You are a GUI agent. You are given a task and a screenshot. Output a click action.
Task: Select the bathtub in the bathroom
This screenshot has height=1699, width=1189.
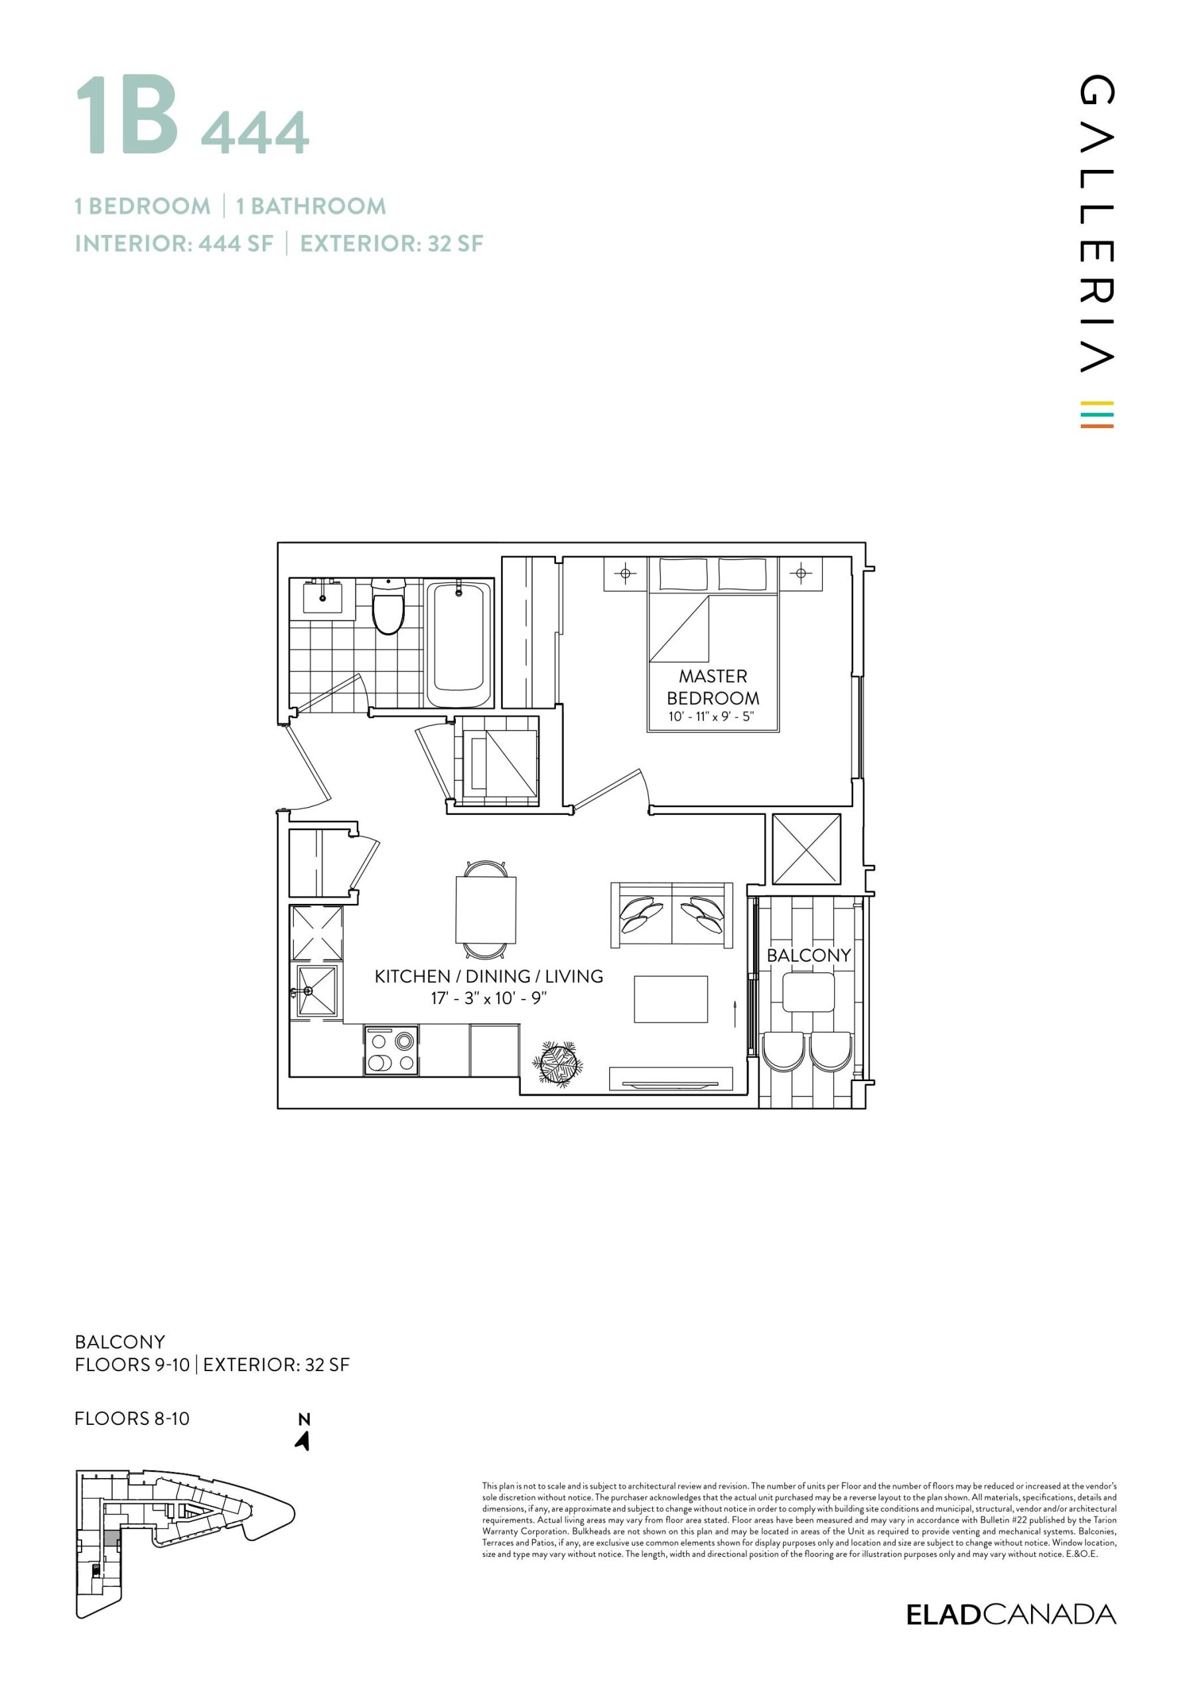[x=458, y=643]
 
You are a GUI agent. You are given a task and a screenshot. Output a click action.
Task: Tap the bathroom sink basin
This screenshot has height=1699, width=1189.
[x=322, y=597]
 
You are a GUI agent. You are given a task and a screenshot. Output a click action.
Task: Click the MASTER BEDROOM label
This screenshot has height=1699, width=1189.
[x=713, y=687]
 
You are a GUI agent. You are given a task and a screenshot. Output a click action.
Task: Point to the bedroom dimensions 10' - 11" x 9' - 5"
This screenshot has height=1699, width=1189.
[x=711, y=716]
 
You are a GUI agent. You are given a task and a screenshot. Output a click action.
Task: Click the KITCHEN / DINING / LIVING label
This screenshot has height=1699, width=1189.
[x=488, y=976]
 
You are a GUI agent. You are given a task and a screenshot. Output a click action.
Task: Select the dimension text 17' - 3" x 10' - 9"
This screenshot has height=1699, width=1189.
[x=488, y=998]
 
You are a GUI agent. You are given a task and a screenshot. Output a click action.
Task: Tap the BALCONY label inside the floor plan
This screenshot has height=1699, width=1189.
[x=809, y=955]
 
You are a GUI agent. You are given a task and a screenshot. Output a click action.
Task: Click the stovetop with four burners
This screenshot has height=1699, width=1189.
[x=391, y=1050]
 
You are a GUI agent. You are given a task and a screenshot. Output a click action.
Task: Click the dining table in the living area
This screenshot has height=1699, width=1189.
[x=486, y=909]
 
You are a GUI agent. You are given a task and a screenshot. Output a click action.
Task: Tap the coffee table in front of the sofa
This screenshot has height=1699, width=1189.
[x=670, y=999]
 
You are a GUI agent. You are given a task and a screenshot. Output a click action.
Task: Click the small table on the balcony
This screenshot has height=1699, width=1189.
[x=808, y=992]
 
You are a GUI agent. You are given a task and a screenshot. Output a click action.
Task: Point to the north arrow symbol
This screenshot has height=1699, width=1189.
[x=303, y=1441]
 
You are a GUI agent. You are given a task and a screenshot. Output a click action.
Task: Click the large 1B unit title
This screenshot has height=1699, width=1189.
[x=128, y=116]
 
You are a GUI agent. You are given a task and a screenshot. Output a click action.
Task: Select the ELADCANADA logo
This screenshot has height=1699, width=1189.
[x=1011, y=1615]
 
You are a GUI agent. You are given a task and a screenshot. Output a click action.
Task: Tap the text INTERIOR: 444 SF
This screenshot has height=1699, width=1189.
[x=174, y=244]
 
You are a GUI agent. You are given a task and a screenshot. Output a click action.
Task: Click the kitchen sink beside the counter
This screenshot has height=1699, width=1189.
[x=316, y=992]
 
